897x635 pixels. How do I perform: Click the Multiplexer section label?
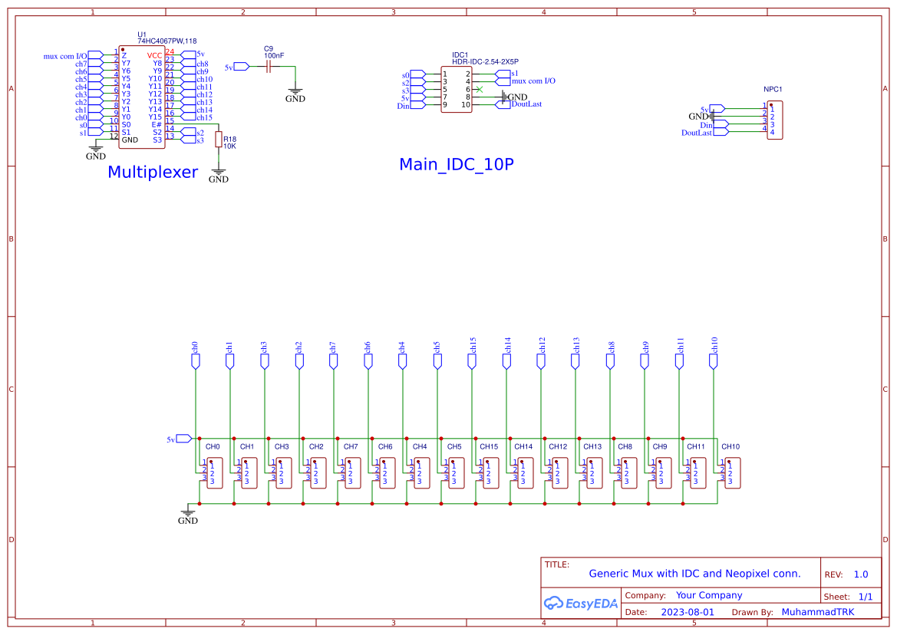click(x=153, y=173)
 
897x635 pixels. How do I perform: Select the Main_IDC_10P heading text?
click(x=456, y=165)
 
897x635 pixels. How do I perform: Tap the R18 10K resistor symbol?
click(x=219, y=140)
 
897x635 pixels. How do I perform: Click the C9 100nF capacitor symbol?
click(x=269, y=67)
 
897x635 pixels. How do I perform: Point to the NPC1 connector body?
click(x=775, y=120)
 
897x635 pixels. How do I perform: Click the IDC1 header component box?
click(x=456, y=90)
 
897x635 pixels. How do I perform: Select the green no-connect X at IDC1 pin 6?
click(x=480, y=90)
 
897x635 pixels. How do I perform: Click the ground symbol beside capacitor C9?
click(x=295, y=94)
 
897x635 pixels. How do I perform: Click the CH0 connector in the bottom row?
click(x=213, y=473)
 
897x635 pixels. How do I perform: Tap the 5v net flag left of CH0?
click(x=183, y=439)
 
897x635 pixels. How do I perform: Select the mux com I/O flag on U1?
click(x=94, y=55)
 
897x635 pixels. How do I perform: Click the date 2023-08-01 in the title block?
click(x=687, y=612)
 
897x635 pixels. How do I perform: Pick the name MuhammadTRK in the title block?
click(x=817, y=612)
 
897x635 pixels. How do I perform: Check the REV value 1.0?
click(x=861, y=574)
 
